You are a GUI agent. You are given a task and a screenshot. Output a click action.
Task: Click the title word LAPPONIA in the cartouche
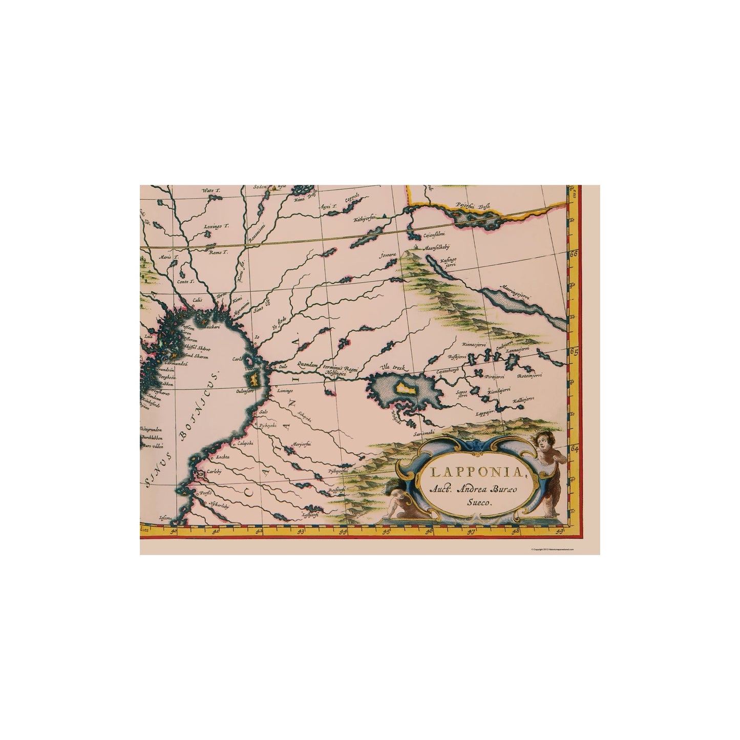(x=470, y=472)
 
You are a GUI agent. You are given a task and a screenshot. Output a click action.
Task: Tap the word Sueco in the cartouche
(x=476, y=502)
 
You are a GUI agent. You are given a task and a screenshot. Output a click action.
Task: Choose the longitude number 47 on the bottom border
(x=472, y=531)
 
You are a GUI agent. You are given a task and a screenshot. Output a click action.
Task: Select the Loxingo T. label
(x=214, y=225)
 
